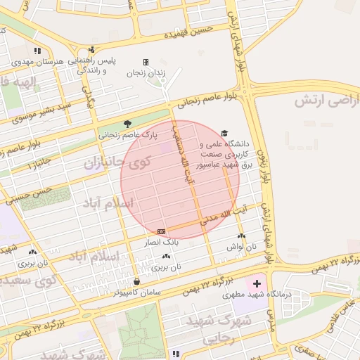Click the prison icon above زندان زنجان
[x=146, y=62]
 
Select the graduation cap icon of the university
[x=224, y=132]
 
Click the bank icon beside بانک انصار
[x=161, y=231]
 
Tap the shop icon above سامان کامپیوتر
[x=136, y=282]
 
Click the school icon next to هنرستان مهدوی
[x=37, y=51]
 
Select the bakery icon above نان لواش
[x=242, y=236]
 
